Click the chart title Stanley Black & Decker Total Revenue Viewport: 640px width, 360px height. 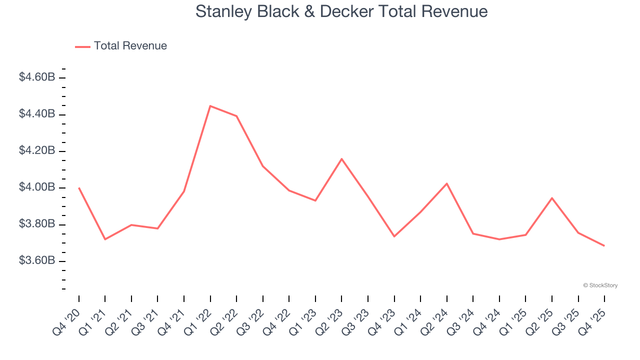[x=341, y=11]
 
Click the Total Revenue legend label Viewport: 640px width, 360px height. [x=130, y=46]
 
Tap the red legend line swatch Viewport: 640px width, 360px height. [x=82, y=46]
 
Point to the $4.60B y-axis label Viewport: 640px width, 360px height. [x=36, y=77]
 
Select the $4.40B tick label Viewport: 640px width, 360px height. [x=36, y=114]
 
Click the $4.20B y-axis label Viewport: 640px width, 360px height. [x=36, y=151]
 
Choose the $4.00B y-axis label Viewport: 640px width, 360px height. [x=36, y=187]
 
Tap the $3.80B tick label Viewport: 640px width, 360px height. [x=36, y=224]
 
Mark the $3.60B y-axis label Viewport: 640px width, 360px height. [x=36, y=261]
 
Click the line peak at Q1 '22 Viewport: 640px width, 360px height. [x=210, y=106]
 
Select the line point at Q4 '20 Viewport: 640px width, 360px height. [x=79, y=188]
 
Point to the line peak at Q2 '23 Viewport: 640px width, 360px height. [x=341, y=159]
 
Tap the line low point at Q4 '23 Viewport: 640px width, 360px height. [x=394, y=236]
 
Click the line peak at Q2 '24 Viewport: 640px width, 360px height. [x=446, y=183]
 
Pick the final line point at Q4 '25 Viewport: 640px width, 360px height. [x=604, y=245]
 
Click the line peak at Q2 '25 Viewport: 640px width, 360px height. [x=552, y=198]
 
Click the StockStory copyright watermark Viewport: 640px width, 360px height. [x=600, y=285]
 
